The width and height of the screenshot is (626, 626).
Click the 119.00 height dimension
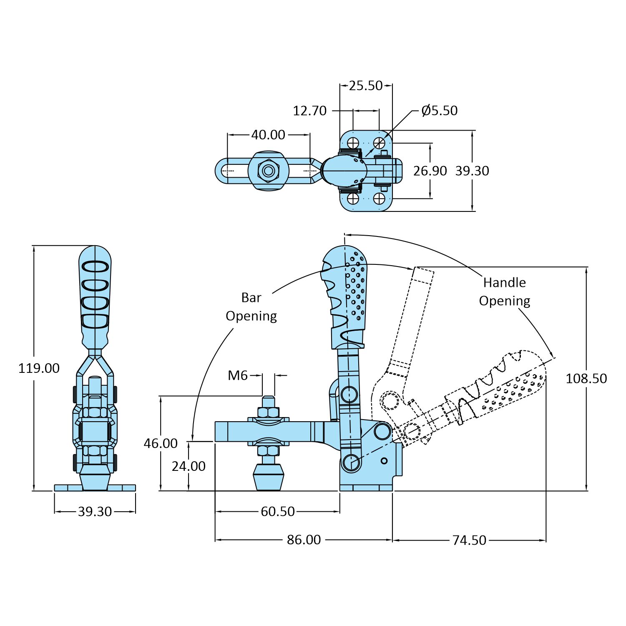pos(39,368)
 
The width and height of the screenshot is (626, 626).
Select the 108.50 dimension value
pos(586,379)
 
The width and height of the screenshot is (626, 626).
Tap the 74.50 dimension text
pos(469,541)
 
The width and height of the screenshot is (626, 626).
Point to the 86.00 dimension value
pos(304,540)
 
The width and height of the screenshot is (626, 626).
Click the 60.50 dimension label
pos(278,512)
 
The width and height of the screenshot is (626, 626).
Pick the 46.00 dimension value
pos(161,443)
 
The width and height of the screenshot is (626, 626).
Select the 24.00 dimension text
pos(189,466)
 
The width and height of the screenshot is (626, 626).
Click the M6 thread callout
pos(238,376)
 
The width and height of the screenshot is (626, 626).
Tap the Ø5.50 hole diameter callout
pos(440,111)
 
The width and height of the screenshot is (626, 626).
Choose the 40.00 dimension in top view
pos(268,135)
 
